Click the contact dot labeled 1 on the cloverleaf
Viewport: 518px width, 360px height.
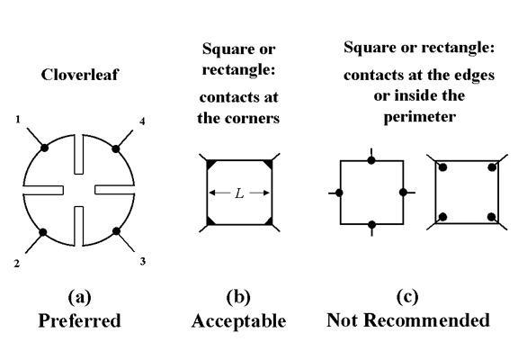(44, 148)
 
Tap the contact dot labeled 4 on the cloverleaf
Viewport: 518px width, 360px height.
(116, 148)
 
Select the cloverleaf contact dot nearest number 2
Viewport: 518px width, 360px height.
(43, 232)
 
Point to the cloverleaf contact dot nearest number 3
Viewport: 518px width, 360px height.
(116, 231)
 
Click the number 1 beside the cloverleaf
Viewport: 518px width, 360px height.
(18, 120)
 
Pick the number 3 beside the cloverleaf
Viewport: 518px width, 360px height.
(142, 261)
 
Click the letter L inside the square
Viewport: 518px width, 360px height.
(239, 193)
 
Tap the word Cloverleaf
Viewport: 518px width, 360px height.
(79, 75)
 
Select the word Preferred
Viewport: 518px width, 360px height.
(80, 320)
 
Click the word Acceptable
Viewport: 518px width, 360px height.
(239, 321)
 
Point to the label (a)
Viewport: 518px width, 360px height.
(80, 297)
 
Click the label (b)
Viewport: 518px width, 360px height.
(238, 297)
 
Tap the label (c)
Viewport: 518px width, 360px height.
(407, 297)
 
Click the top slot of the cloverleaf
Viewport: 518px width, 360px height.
(79, 154)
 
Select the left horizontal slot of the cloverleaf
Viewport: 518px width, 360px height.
(43, 190)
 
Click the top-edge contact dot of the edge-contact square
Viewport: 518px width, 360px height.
(371, 161)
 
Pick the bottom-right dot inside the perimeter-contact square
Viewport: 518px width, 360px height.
(492, 217)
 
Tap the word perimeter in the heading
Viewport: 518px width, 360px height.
(420, 117)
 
